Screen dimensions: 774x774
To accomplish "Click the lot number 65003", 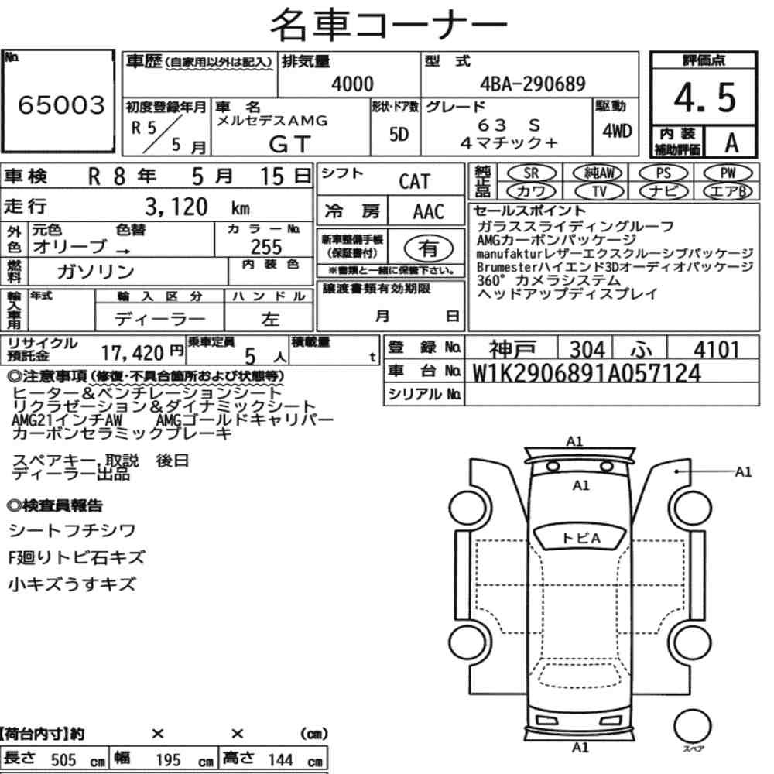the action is pos(61,104).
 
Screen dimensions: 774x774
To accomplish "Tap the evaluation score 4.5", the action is pos(705,98).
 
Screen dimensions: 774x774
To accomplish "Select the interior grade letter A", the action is pos(731,142).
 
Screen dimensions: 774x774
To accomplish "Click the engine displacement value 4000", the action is pos(352,84).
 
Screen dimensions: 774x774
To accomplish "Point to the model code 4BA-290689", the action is pos(533,84).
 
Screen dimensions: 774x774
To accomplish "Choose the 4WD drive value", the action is pos(617,132).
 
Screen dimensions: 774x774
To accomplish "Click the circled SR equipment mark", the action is pos(531,173).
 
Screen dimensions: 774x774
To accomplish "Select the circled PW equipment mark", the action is pos(728,173).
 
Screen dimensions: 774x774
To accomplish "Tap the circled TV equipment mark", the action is pos(599,191).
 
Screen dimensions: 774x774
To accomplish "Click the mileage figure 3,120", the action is pos(176,207).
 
